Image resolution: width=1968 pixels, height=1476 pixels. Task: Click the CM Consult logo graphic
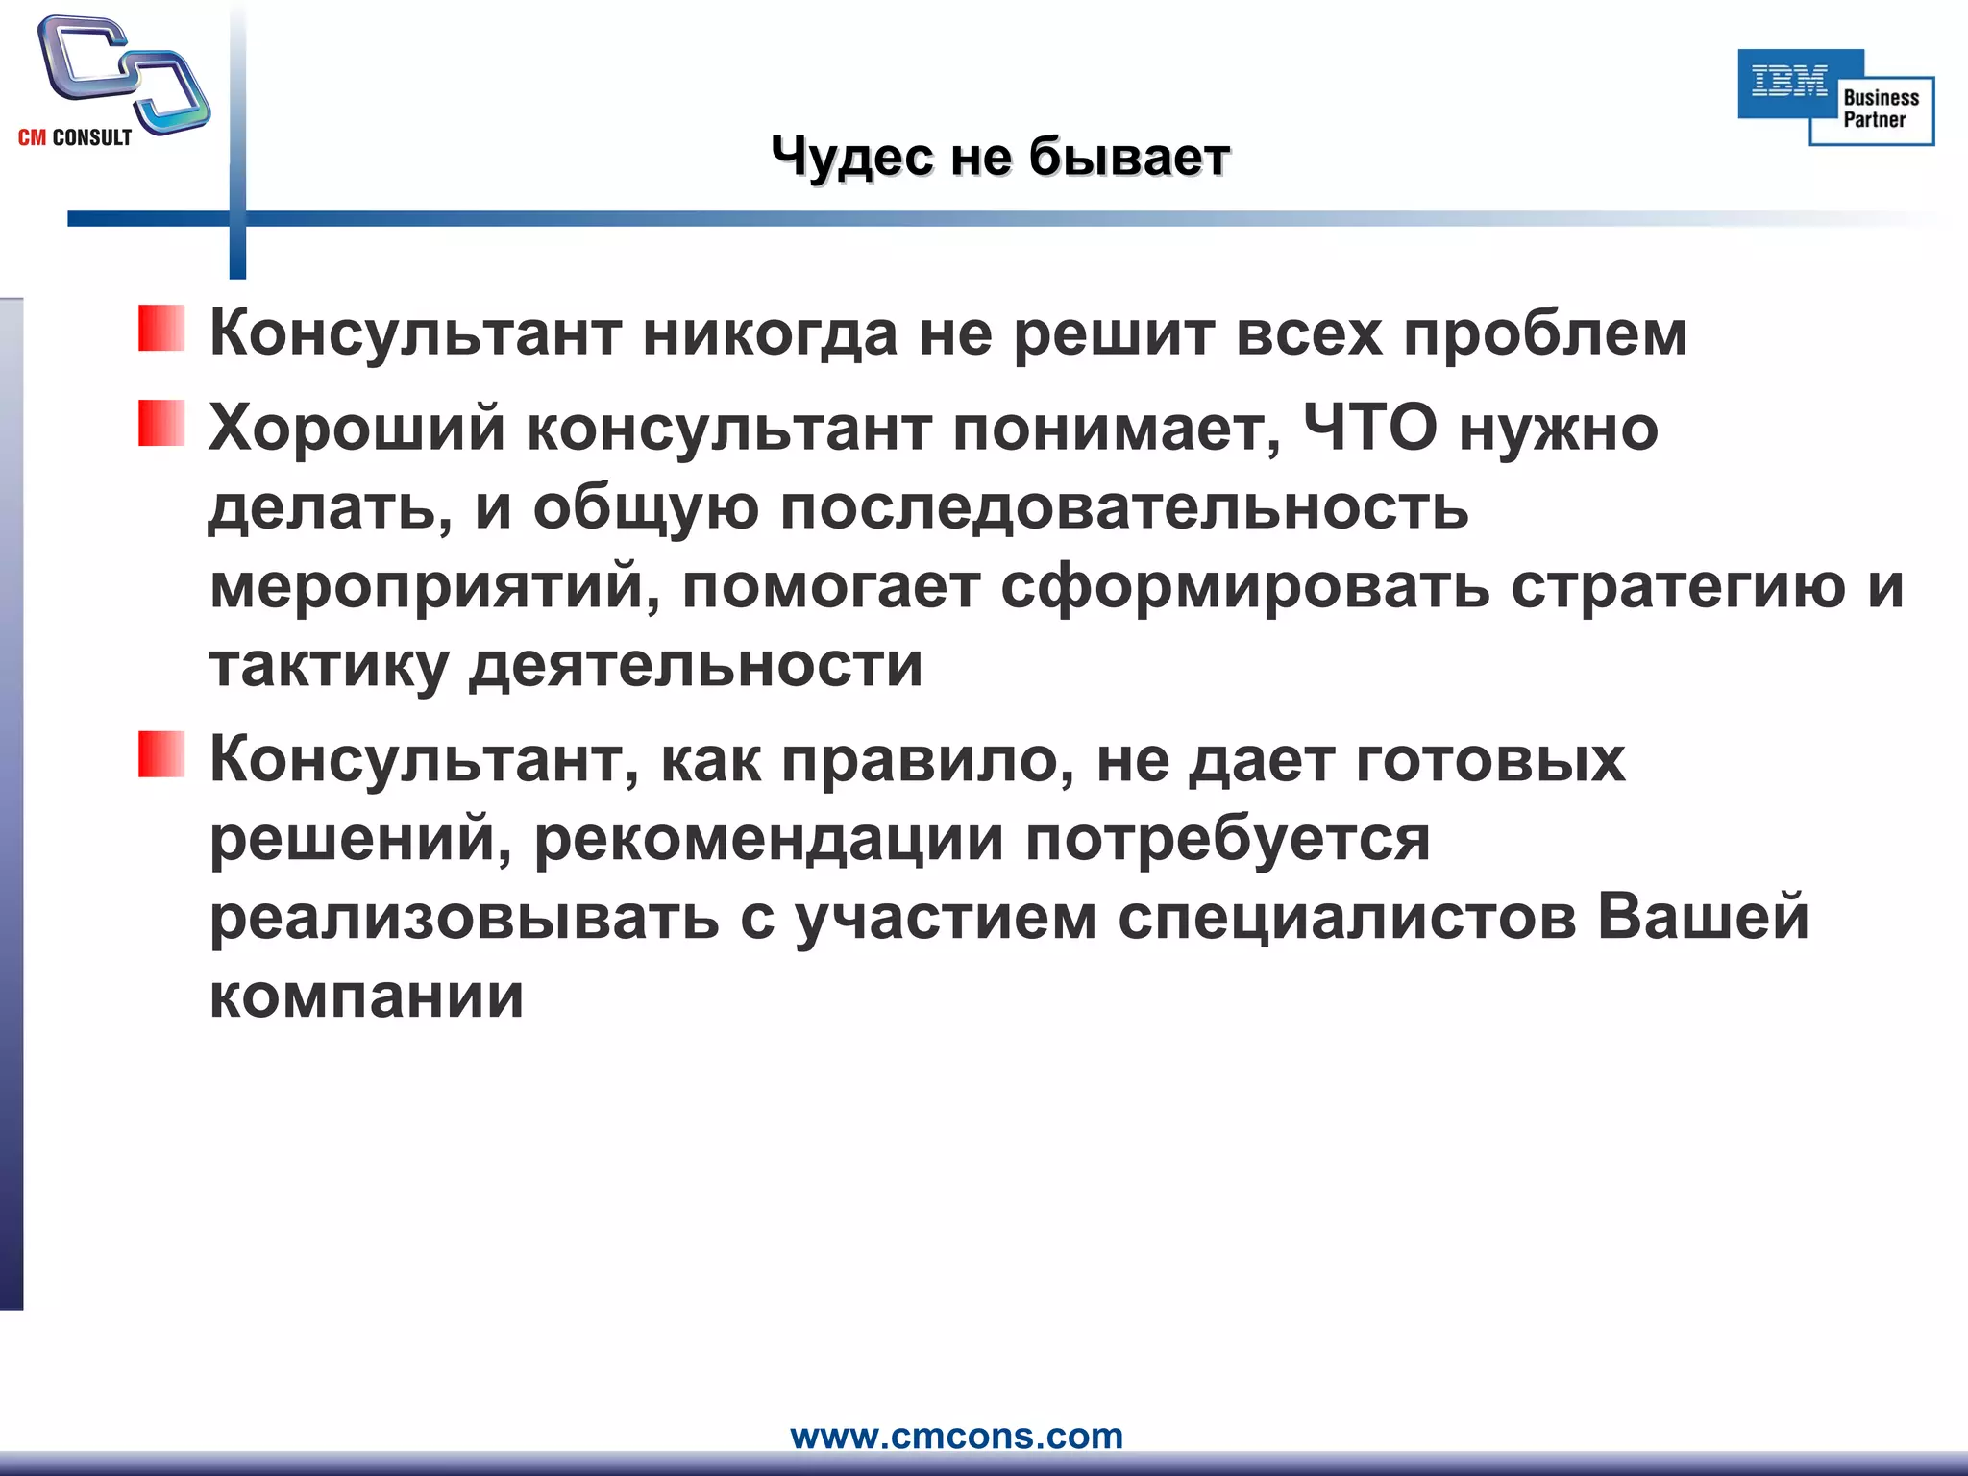123,73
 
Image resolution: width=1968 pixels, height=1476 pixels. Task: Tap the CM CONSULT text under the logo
75,138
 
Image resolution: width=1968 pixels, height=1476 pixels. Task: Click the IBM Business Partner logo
1835,97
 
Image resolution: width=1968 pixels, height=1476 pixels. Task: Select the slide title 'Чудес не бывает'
1000,157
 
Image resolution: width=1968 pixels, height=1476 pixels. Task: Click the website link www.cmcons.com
956,1436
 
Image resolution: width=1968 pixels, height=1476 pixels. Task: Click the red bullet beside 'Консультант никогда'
161,329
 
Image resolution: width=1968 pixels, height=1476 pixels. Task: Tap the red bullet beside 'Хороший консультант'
161,424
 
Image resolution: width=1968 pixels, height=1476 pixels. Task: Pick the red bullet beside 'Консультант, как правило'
161,754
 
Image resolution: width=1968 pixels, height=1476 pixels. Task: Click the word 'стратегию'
1678,587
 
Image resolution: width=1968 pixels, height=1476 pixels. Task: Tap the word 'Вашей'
1703,917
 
